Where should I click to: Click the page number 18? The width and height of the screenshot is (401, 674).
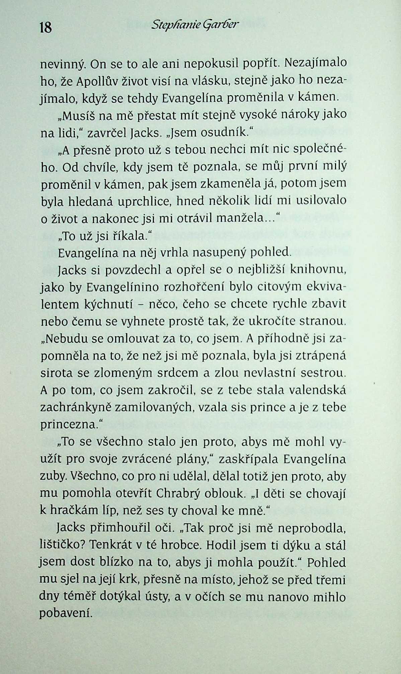[x=46, y=27]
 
